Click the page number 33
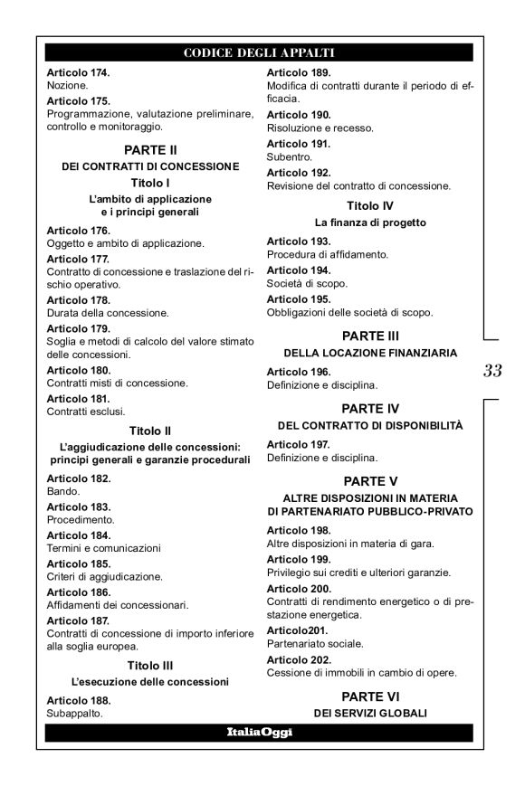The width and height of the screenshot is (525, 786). click(x=493, y=370)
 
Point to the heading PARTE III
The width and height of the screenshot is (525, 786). click(x=372, y=336)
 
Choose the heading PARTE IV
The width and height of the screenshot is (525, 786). click(x=372, y=408)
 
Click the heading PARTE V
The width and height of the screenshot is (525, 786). click(x=372, y=480)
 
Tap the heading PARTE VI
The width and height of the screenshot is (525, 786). click(x=372, y=696)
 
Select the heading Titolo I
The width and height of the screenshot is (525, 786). click(x=149, y=182)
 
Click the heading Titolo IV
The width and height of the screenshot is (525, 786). click(x=372, y=205)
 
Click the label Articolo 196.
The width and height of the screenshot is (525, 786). click(x=299, y=371)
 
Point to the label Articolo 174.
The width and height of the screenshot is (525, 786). click(x=78, y=71)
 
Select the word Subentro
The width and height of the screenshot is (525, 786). click(x=288, y=156)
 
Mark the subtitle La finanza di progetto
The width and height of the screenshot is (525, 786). click(x=371, y=222)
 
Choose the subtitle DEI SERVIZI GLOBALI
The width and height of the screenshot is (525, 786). click(x=371, y=713)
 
